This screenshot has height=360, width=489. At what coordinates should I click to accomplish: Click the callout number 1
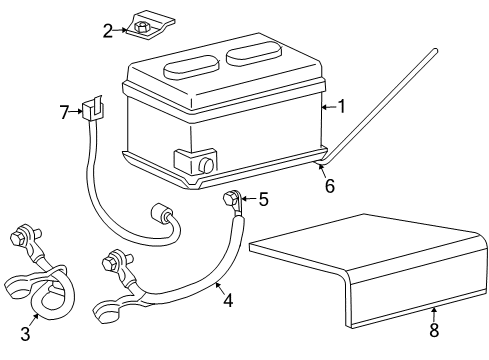coord(340,105)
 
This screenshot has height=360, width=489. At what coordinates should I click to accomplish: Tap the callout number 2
coord(107,31)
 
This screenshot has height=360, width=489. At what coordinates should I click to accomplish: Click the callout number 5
coord(263,199)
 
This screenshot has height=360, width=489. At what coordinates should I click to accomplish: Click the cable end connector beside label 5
coord(231,200)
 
